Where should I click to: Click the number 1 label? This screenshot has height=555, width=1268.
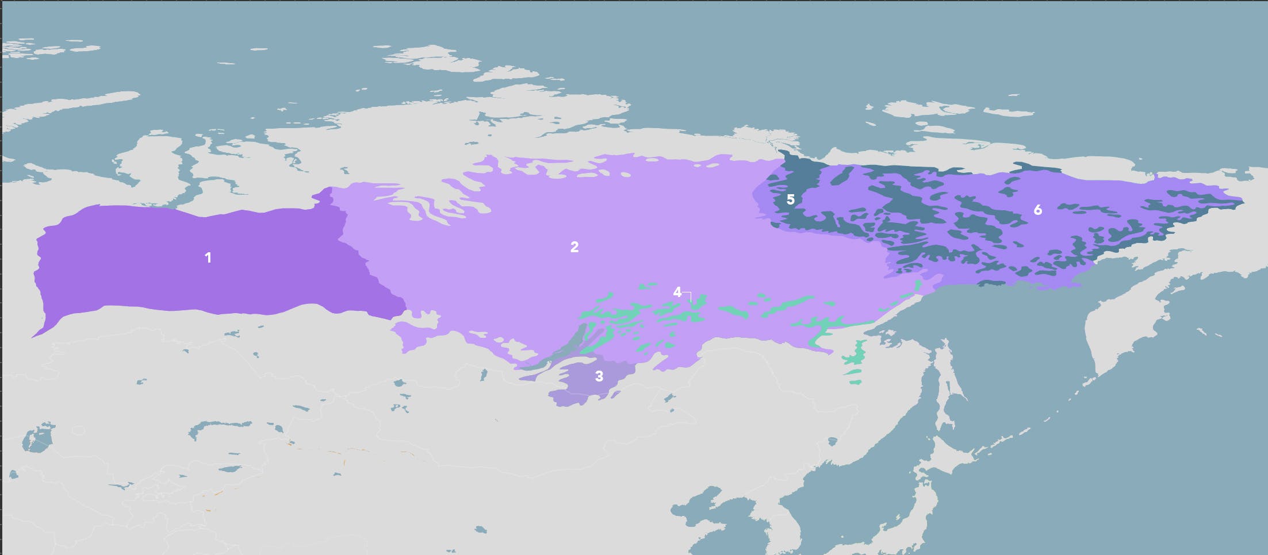pyautogui.click(x=208, y=258)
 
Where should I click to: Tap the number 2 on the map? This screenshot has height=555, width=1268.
pyautogui.click(x=574, y=247)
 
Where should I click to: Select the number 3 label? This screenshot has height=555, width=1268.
pyautogui.click(x=599, y=376)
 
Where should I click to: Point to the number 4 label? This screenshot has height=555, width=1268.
pyautogui.click(x=677, y=292)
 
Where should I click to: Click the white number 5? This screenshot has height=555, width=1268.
pyautogui.click(x=790, y=199)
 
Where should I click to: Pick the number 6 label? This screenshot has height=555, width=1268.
pyautogui.click(x=1037, y=210)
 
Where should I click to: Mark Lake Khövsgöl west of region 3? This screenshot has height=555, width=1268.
pyautogui.click(x=484, y=375)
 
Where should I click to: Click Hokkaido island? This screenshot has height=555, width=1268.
pyautogui.click(x=949, y=454)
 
